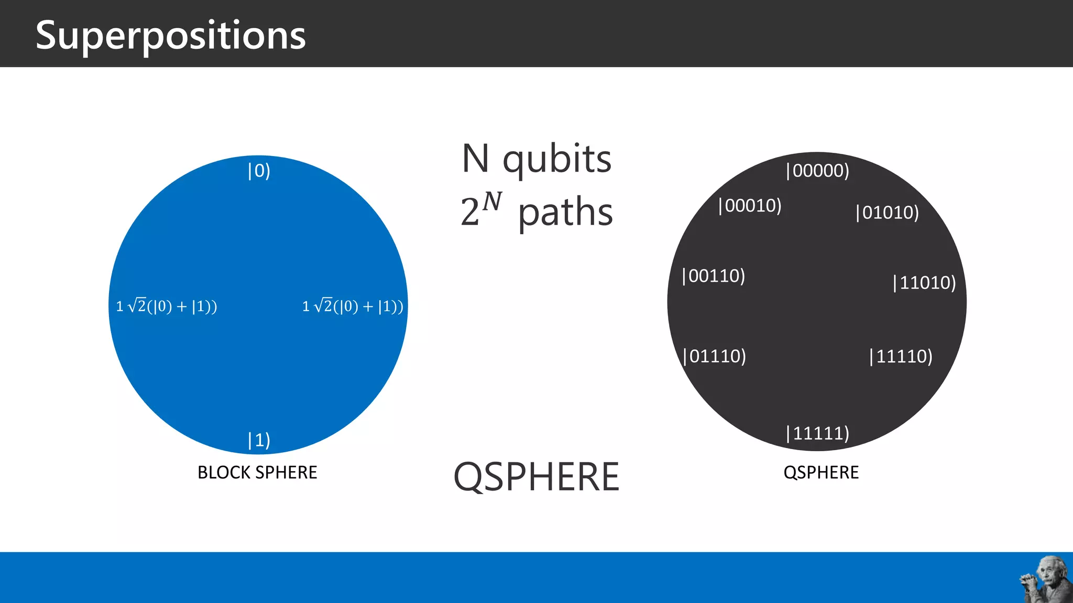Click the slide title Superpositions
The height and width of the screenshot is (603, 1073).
[x=170, y=36]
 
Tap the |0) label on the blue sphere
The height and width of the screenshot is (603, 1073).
[x=259, y=171]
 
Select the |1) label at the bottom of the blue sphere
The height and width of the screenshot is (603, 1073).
[x=259, y=440]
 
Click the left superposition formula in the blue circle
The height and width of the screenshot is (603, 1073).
[x=166, y=306]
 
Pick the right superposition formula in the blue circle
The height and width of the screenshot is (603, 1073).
[x=353, y=306]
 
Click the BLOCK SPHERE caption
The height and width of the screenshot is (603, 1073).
[x=257, y=472]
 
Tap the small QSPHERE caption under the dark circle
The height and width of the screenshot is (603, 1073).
[x=821, y=472]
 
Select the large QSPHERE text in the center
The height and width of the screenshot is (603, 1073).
[x=536, y=477]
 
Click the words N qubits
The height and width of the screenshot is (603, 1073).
[x=536, y=159]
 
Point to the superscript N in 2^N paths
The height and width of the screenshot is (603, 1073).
[x=492, y=201]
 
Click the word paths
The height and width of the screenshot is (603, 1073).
[x=565, y=213]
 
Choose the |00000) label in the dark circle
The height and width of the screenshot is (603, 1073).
[x=817, y=171]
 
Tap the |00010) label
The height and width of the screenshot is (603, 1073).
[x=750, y=206]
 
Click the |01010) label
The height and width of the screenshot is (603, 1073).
[x=887, y=213]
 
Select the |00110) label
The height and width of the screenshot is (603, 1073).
[x=714, y=276]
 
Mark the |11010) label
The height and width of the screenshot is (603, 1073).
[x=924, y=283]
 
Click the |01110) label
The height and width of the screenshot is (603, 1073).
[x=715, y=356]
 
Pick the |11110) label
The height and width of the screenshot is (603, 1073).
[x=901, y=356]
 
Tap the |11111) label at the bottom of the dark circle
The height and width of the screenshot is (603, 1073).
[x=817, y=433]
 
